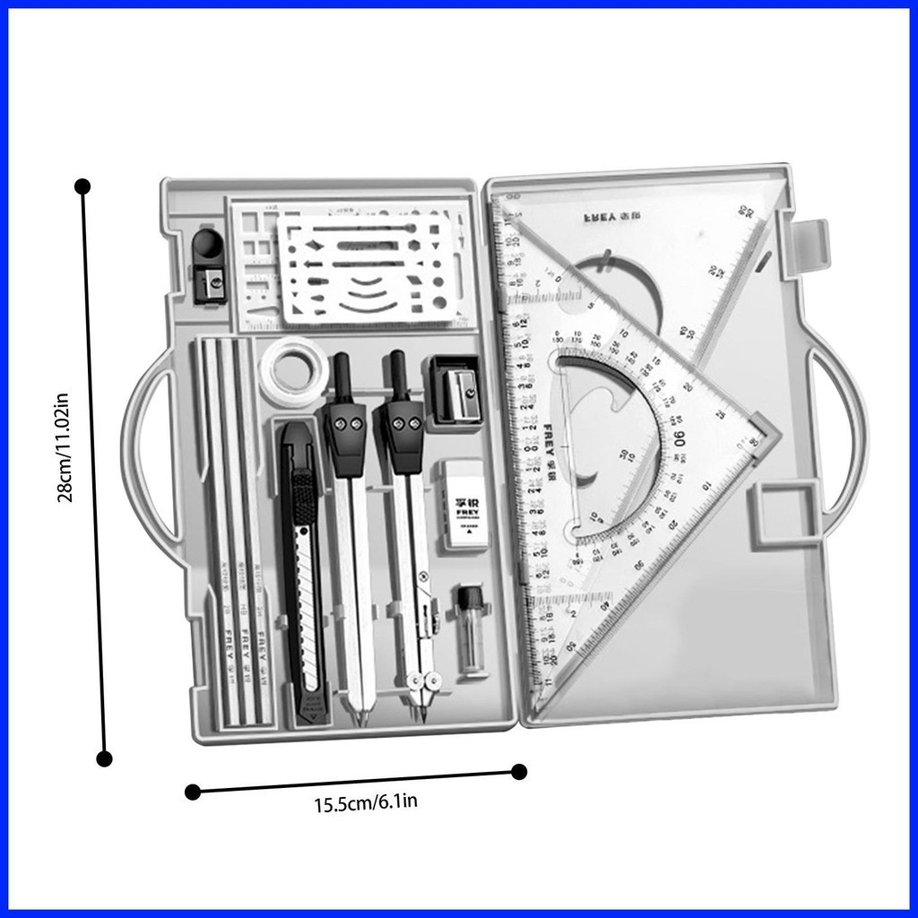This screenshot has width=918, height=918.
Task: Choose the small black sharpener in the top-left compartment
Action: click(x=209, y=265)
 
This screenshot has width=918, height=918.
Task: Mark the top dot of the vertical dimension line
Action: click(x=82, y=186)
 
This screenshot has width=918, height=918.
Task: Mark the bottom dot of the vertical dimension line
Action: click(x=104, y=758)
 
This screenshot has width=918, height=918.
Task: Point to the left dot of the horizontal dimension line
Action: click(x=192, y=792)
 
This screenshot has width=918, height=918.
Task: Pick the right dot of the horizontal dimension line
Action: click(x=519, y=771)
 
